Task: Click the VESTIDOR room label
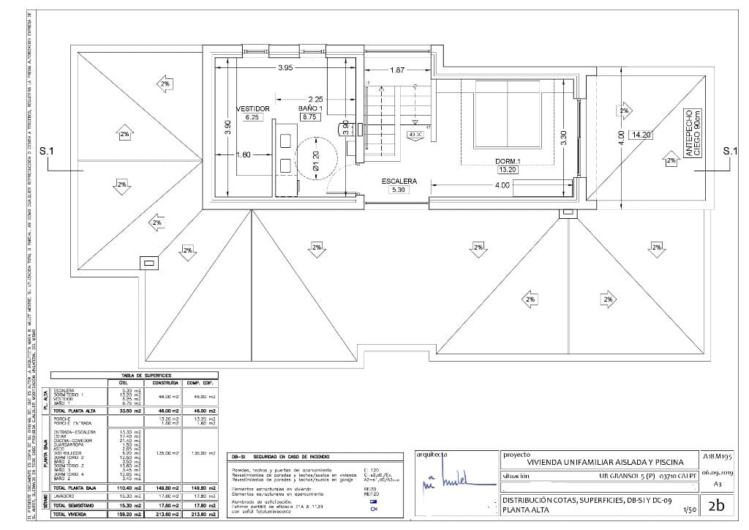pos(253,108)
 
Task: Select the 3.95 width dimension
pos(285,68)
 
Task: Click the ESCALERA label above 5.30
pos(399,180)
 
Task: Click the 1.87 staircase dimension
pos(397,70)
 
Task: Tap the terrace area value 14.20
pos(642,135)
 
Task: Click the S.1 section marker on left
pos(47,152)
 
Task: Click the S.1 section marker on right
pos(729,152)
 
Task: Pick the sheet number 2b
pos(716,504)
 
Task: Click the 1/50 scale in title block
pos(688,510)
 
